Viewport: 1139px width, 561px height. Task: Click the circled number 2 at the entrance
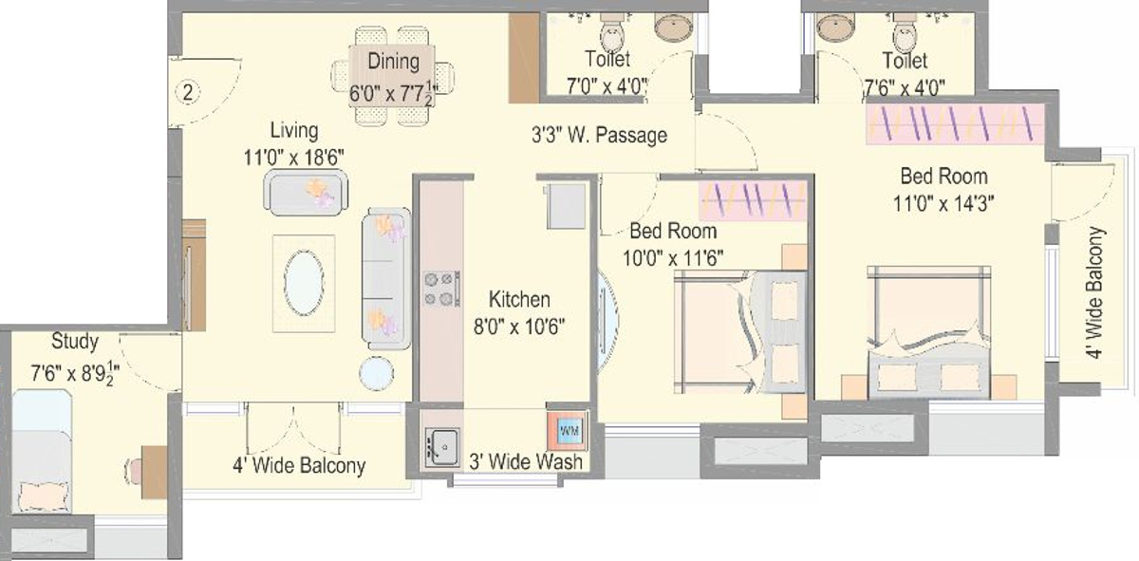pyautogui.click(x=189, y=92)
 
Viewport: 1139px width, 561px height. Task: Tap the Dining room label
pyautogui.click(x=394, y=62)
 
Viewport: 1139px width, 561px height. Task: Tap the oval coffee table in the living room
pyautogui.click(x=304, y=283)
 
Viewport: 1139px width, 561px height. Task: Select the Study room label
pyautogui.click(x=74, y=341)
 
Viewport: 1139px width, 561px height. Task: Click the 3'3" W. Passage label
pyautogui.click(x=598, y=136)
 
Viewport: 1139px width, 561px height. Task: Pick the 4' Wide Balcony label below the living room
pyautogui.click(x=299, y=466)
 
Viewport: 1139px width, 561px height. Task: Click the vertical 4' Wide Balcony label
pyautogui.click(x=1095, y=292)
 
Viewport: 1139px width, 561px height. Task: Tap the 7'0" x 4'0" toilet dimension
pyautogui.click(x=607, y=85)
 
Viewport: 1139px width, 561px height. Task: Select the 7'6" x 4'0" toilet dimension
pyautogui.click(x=904, y=85)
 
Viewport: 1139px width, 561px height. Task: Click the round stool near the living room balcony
pyautogui.click(x=377, y=373)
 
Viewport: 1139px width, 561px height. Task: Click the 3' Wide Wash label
pyautogui.click(x=526, y=461)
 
